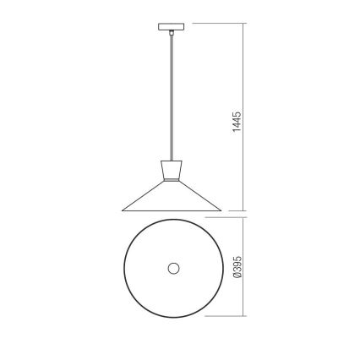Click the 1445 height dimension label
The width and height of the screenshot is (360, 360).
[238, 123]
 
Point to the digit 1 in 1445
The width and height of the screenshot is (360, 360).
[238, 135]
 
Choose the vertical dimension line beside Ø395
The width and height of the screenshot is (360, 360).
[246, 268]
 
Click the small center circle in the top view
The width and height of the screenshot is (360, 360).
[173, 268]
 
